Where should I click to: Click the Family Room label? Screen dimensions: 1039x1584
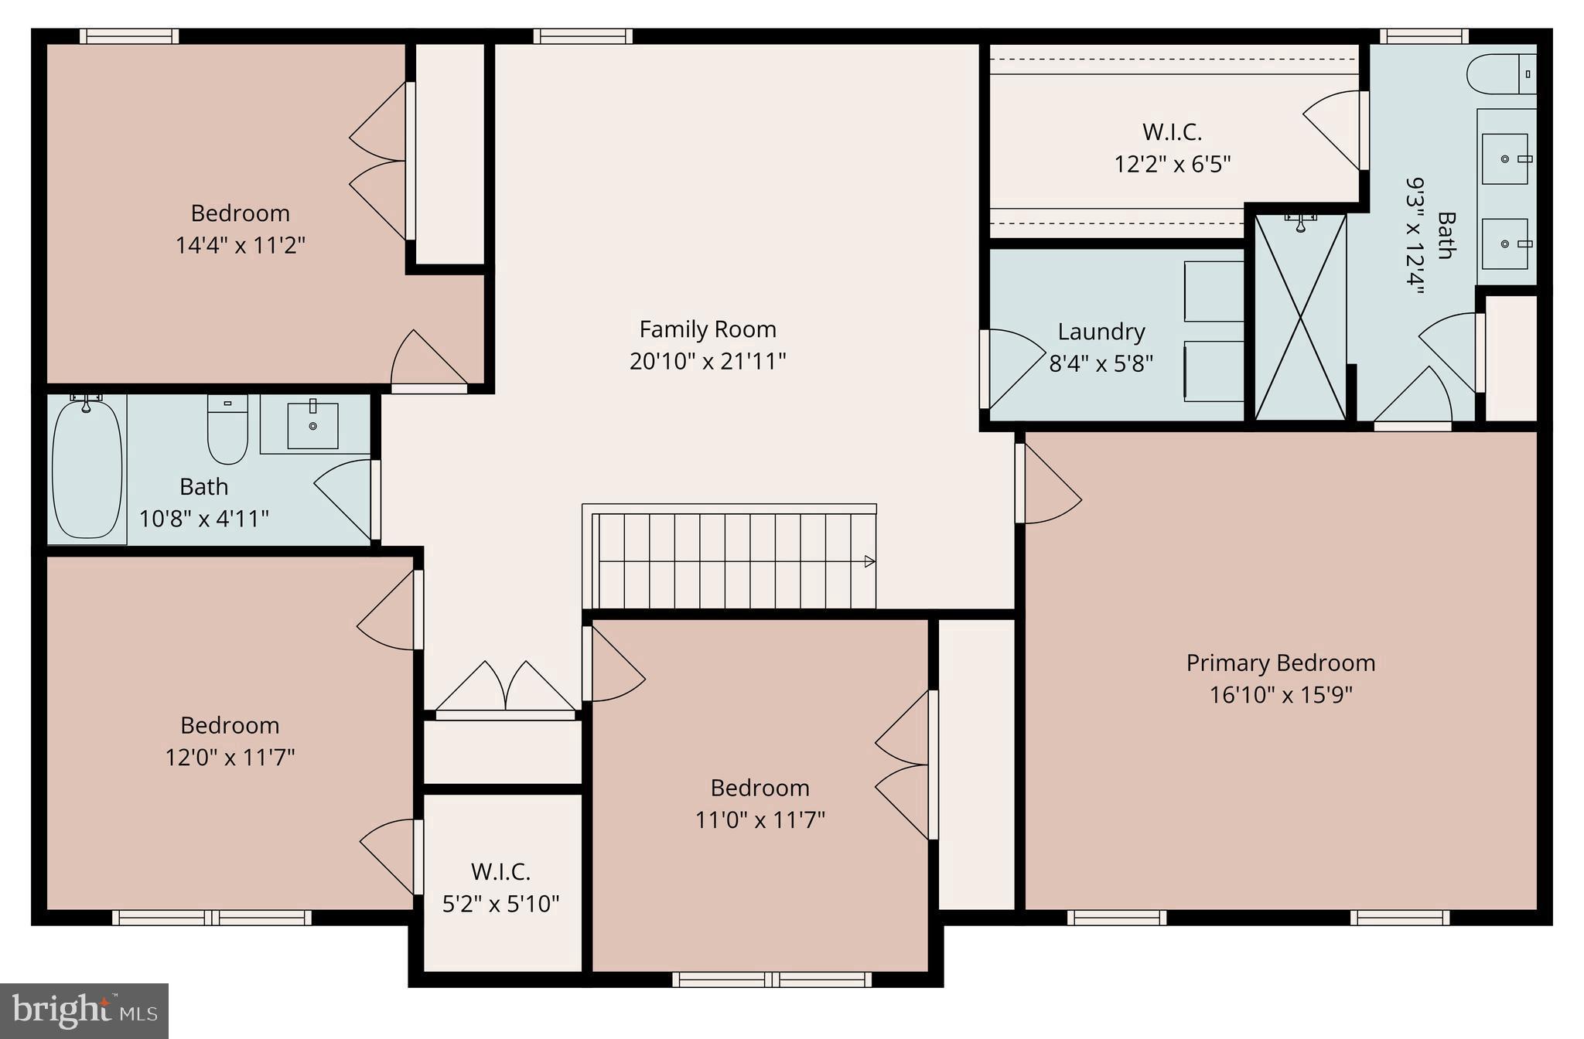(707, 329)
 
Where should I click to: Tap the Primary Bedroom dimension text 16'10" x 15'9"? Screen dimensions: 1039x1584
(1280, 695)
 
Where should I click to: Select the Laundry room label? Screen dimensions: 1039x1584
(1101, 332)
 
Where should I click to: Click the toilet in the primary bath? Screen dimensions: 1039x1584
(1500, 74)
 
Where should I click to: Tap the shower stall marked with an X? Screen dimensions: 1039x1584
(1300, 318)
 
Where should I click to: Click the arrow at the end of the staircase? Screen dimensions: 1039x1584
(869, 561)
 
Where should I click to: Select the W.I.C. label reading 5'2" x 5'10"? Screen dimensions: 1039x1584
(500, 904)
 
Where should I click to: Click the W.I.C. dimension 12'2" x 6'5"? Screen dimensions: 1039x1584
(1172, 165)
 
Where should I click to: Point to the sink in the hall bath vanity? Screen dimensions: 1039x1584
(312, 424)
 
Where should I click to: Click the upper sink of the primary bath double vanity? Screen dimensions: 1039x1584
(1504, 158)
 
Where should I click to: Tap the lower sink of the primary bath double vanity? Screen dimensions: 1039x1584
(1504, 244)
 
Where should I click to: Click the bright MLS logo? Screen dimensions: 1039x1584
(84, 1010)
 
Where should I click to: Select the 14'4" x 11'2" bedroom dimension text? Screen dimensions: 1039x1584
(240, 246)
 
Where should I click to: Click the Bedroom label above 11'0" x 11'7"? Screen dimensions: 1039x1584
(760, 788)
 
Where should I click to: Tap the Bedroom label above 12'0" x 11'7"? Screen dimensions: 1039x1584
(230, 725)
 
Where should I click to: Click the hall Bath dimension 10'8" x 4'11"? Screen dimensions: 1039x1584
(203, 518)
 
